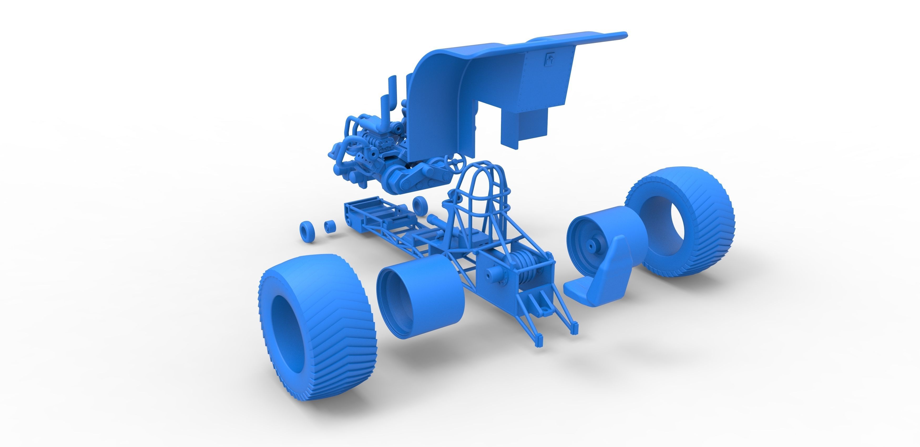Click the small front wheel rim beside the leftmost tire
pos(80,227)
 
